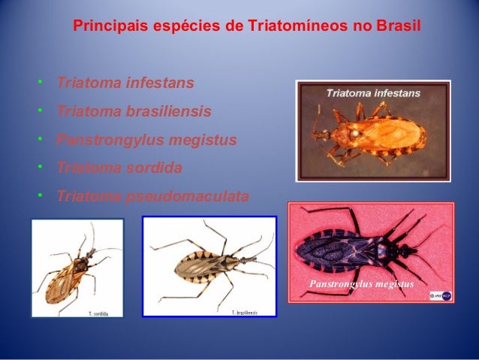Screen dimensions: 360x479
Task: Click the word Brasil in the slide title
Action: click(399, 26)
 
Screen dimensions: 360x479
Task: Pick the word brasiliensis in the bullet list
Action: click(170, 111)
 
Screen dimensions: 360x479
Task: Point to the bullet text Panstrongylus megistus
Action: click(146, 140)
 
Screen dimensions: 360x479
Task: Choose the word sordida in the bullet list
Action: click(155, 168)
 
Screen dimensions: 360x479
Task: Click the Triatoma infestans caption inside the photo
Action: click(372, 94)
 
